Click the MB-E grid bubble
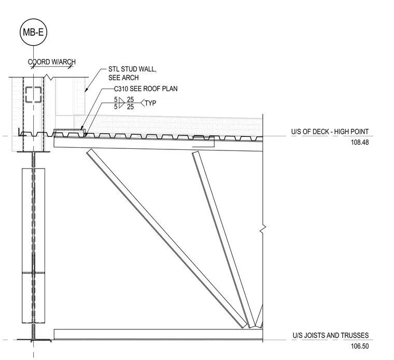pyautogui.click(x=33, y=32)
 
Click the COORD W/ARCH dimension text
pyautogui.click(x=51, y=62)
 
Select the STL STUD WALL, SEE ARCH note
pyautogui.click(x=132, y=74)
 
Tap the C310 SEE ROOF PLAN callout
pyautogui.click(x=146, y=89)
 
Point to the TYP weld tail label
pyautogui.click(x=150, y=103)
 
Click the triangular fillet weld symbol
pyautogui.click(x=122, y=103)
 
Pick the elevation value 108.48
pyautogui.click(x=360, y=142)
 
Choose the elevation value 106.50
pyautogui.click(x=360, y=346)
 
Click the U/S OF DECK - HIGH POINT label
pyautogui.click(x=330, y=131)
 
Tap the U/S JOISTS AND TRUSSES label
pyautogui.click(x=331, y=336)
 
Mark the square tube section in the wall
pyautogui.click(x=33, y=94)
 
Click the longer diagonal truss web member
pyautogui.click(x=167, y=239)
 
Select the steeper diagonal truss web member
pyautogui.click(x=224, y=240)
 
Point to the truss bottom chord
pyautogui.click(x=158, y=335)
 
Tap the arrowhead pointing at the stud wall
pyautogui.click(x=86, y=90)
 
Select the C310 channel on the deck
pyautogui.click(x=69, y=133)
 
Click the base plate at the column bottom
pyautogui.click(x=34, y=340)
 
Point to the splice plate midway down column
pyautogui.click(x=33, y=273)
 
